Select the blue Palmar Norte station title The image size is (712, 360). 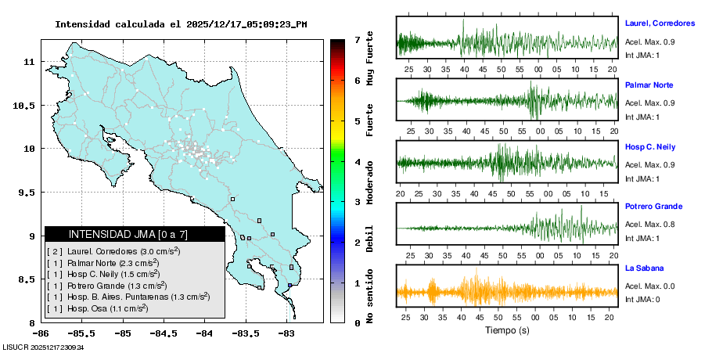tap(649, 85)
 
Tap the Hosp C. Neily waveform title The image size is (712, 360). tap(649, 147)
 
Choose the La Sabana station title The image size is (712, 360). tap(643, 268)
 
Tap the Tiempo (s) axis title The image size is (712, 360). tap(506, 330)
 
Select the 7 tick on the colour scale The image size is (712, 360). tap(357, 39)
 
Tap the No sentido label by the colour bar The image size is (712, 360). tap(370, 296)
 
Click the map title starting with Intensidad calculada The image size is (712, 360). tap(180, 24)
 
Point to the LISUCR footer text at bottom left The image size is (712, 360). tap(43, 347)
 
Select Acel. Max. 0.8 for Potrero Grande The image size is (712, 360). tap(649, 225)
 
